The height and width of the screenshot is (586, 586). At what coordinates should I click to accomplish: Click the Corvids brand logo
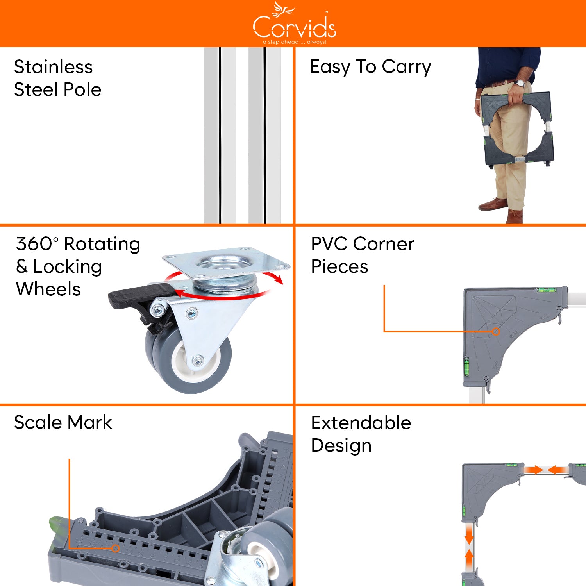(294, 24)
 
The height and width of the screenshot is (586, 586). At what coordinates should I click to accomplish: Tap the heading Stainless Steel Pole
(57, 78)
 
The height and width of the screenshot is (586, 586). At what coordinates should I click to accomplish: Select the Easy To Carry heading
(370, 66)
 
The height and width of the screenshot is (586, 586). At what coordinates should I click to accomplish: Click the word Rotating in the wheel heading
(102, 244)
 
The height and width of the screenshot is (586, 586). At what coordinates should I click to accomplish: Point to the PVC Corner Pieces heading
(362, 255)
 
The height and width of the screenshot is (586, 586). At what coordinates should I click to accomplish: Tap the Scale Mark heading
(63, 422)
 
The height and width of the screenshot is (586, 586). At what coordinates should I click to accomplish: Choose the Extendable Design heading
(361, 434)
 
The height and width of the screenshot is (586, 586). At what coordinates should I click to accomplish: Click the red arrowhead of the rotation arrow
(278, 279)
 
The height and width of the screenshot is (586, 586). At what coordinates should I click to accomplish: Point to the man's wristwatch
(520, 83)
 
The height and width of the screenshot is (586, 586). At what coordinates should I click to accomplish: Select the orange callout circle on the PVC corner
(496, 332)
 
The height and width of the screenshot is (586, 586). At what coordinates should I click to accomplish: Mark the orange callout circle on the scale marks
(115, 548)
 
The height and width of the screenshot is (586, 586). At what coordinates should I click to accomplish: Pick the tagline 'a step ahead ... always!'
(295, 42)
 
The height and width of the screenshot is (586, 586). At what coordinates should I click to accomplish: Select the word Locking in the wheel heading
(67, 267)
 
